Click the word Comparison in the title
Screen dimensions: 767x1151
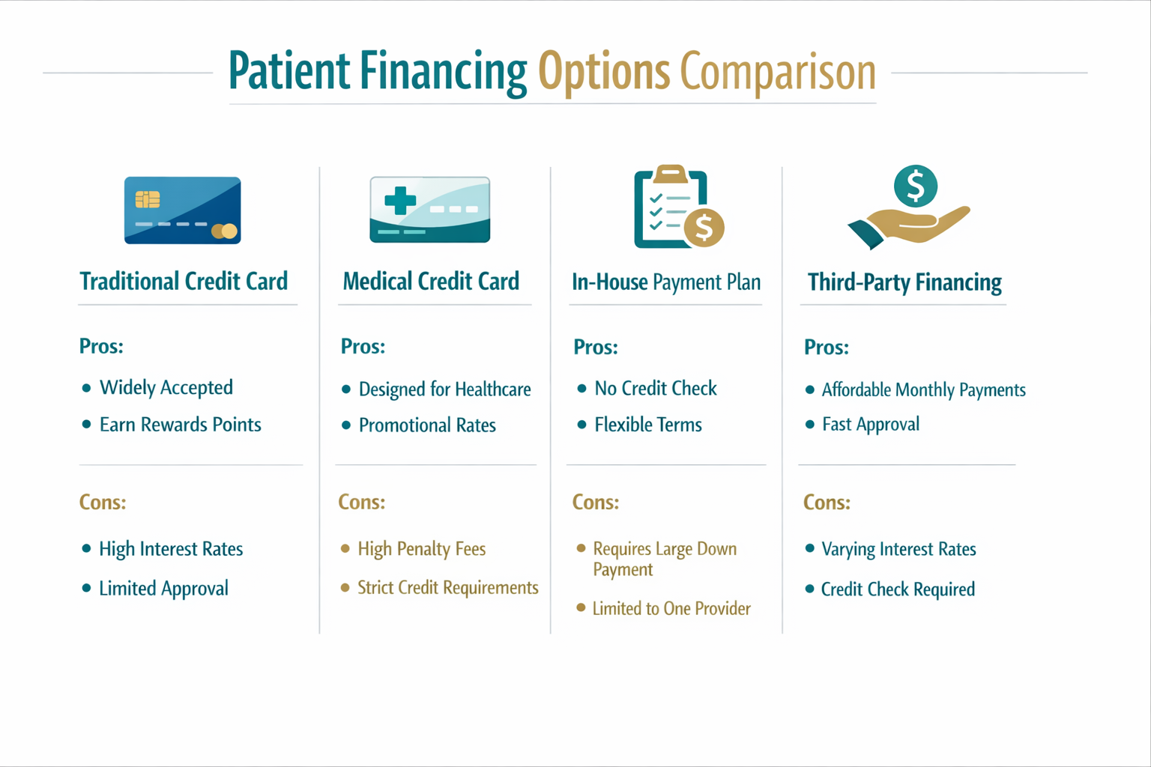(778, 72)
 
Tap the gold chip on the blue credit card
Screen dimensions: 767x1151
(148, 199)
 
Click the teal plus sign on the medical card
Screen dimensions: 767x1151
(400, 201)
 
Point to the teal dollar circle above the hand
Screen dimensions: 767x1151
(916, 186)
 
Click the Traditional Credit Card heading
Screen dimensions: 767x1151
(184, 282)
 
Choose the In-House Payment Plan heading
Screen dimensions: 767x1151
(665, 282)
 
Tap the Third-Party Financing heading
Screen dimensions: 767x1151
(904, 282)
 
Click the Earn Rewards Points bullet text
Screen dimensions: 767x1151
(180, 425)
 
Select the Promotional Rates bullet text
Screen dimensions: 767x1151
(427, 425)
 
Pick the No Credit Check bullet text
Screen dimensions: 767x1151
(656, 388)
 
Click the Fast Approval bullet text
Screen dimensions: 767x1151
(870, 425)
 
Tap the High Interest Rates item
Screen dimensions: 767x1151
(171, 549)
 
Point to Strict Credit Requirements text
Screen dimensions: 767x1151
(447, 588)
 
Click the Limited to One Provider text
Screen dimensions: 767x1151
(671, 608)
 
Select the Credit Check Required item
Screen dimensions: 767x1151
(898, 589)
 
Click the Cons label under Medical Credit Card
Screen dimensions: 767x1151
(361, 502)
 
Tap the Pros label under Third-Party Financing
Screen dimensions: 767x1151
(826, 348)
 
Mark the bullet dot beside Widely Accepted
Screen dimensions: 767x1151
(86, 388)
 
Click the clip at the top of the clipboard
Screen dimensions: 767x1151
(671, 174)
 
